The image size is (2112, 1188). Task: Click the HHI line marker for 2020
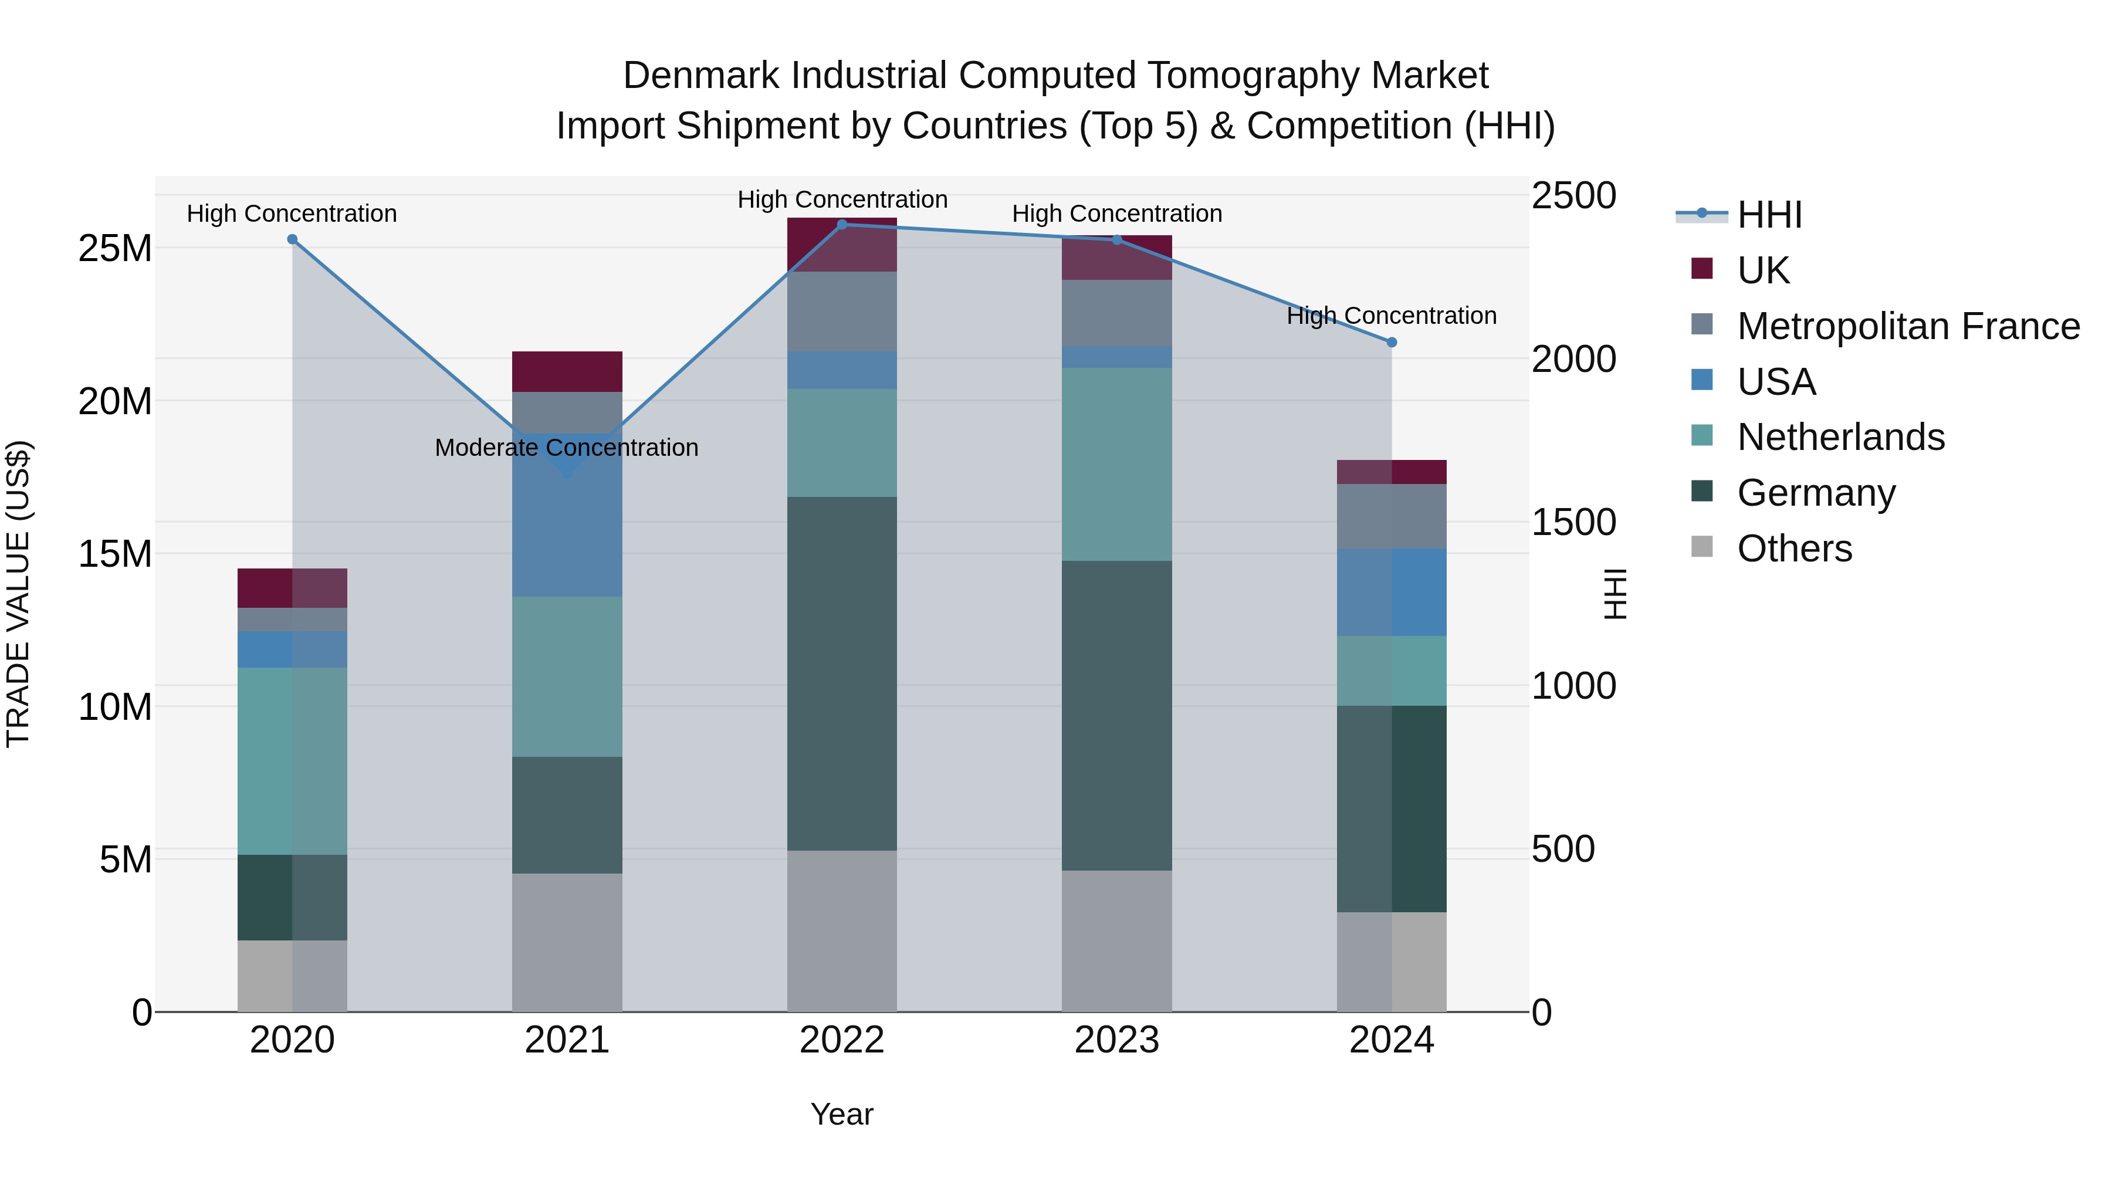[292, 239]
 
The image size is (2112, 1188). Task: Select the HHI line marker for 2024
[1392, 342]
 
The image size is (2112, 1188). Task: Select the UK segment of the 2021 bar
[567, 371]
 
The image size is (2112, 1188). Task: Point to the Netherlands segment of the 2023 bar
[1116, 464]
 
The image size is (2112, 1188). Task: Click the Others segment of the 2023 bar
[1116, 940]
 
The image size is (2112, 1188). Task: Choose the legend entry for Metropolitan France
[1908, 326]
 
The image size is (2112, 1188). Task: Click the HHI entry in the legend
[1769, 215]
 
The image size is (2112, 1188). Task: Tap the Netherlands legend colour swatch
[1701, 435]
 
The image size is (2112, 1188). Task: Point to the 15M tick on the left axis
[115, 554]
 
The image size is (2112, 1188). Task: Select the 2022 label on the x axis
[841, 1040]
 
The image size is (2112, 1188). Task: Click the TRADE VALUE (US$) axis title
[19, 594]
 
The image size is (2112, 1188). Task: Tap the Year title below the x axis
[841, 1114]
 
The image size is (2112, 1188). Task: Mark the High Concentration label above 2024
[1392, 316]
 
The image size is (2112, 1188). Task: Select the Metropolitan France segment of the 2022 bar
[841, 312]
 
